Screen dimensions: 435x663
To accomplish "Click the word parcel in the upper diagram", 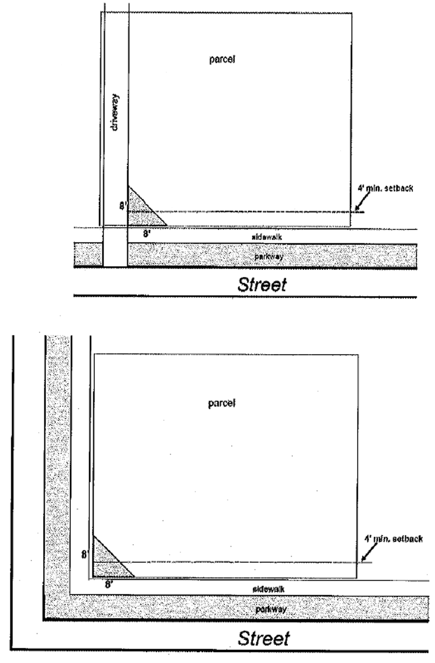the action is click(x=222, y=59).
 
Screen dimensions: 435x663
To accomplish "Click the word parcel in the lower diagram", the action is click(x=222, y=403).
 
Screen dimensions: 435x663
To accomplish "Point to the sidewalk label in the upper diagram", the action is click(x=267, y=237).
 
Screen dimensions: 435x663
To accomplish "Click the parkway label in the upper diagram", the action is click(x=269, y=256).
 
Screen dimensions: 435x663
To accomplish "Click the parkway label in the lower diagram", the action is click(x=271, y=609).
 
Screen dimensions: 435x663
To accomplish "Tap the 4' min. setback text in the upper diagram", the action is click(x=385, y=189).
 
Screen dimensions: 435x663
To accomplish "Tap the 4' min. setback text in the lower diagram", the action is click(x=393, y=539).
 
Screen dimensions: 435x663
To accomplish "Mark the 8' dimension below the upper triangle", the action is click(x=147, y=233).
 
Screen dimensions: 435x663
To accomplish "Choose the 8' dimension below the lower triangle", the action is click(x=109, y=584).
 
